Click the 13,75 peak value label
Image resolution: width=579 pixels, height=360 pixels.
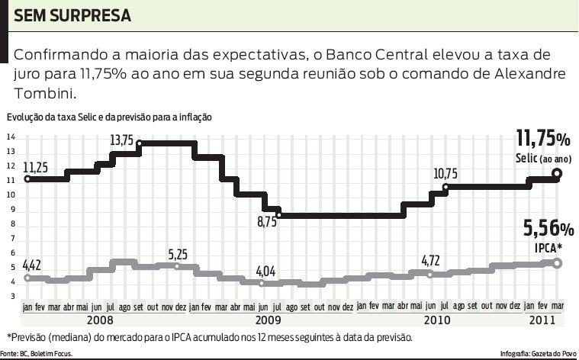pyautogui.click(x=121, y=140)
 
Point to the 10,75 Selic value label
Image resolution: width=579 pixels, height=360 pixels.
pyautogui.click(x=446, y=174)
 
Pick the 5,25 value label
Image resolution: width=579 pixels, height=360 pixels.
pyautogui.click(x=178, y=253)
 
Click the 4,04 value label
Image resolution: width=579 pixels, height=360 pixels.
pyautogui.click(x=265, y=271)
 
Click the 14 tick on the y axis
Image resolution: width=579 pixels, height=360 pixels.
pyautogui.click(x=11, y=137)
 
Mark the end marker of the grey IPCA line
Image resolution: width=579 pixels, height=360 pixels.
pyautogui.click(x=557, y=263)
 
